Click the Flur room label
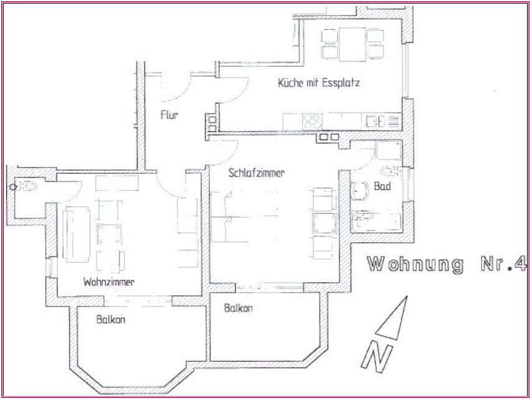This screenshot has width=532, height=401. click(x=169, y=115)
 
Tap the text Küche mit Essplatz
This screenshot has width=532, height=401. click(x=318, y=83)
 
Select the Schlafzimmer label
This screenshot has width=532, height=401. click(x=256, y=172)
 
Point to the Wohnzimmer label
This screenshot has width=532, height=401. click(x=108, y=281)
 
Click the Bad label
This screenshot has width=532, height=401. click(x=382, y=186)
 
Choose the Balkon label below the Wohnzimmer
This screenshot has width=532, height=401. click(x=111, y=319)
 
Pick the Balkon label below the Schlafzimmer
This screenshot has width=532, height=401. click(x=238, y=308)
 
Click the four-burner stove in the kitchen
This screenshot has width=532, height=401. click(x=312, y=121)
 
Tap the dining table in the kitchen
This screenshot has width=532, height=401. click(x=353, y=44)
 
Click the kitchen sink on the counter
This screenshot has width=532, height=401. click(x=375, y=121)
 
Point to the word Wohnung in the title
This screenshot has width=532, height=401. click(x=416, y=264)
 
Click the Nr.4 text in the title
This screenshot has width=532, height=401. click(x=504, y=263)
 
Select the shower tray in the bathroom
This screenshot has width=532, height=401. click(x=389, y=150)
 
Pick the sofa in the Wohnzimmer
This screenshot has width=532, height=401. click(x=77, y=234)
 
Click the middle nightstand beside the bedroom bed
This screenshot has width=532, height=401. click(x=325, y=224)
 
